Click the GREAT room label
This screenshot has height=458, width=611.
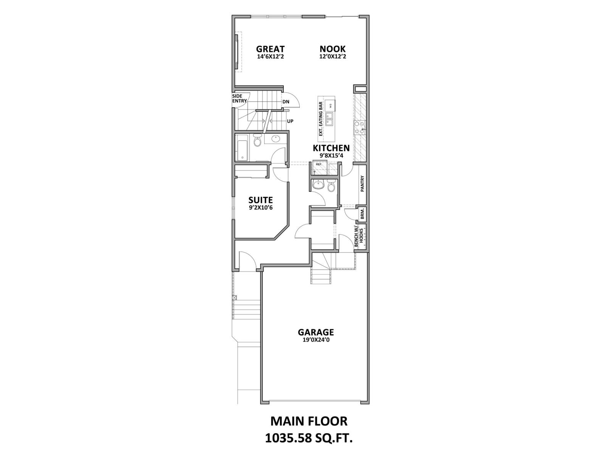[x=270, y=49]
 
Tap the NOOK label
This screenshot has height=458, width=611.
[x=333, y=49]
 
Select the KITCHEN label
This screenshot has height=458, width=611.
[x=331, y=148]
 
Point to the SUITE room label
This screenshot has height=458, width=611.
[x=260, y=200]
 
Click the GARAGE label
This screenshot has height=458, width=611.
[x=316, y=332]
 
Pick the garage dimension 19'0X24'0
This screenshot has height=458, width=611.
[x=316, y=340]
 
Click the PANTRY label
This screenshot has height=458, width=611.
[x=362, y=183]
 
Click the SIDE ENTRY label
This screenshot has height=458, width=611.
[x=239, y=98]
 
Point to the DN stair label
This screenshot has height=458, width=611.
[x=286, y=102]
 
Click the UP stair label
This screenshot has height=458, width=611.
[x=290, y=121]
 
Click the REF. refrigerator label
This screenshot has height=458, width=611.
[x=318, y=164]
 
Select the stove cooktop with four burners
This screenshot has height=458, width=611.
[x=359, y=127]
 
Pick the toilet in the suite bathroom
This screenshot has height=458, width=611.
[x=257, y=141]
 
